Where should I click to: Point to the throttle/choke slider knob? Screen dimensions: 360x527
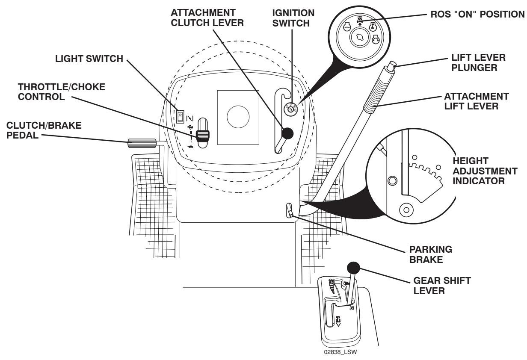coord(202,136)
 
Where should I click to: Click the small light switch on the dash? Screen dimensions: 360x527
coord(181,115)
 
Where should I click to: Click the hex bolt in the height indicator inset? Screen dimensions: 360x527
coord(390,181)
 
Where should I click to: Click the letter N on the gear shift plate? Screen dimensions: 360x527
coord(352,307)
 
